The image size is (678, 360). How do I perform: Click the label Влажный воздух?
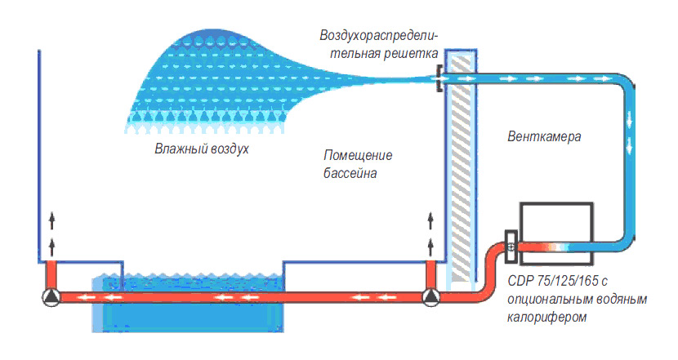(x=201, y=149)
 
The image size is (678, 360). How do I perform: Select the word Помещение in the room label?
(x=358, y=156)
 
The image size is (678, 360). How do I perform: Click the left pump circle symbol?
(x=51, y=299)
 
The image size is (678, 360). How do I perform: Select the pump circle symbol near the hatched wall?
(x=430, y=299)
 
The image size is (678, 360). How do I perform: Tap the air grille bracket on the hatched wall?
(x=439, y=79)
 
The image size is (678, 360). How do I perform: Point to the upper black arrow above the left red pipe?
(x=51, y=218)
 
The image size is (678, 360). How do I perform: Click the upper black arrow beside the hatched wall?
(x=430, y=218)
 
